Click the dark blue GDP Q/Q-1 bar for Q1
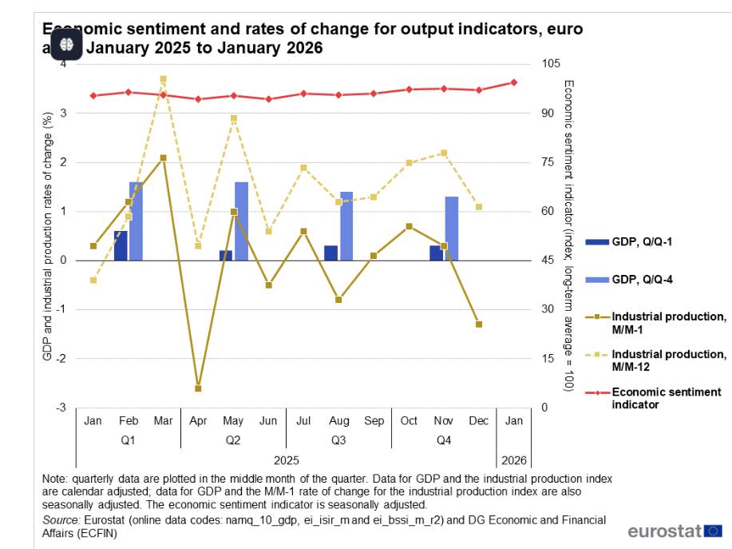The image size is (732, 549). (x=121, y=245)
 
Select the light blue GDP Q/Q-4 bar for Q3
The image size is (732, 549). (x=346, y=226)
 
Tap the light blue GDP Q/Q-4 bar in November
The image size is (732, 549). (x=452, y=229)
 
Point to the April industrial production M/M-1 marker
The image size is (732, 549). (x=198, y=388)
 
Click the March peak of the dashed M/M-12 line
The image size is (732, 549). (x=163, y=79)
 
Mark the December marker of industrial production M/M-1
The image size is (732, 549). (x=479, y=324)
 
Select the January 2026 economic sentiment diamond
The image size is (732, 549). (x=514, y=82)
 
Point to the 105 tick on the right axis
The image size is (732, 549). (x=549, y=64)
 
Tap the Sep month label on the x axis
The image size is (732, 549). (x=374, y=420)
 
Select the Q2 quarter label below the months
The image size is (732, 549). (x=233, y=440)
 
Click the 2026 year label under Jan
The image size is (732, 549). (x=513, y=460)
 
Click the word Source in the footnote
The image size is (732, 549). (x=61, y=519)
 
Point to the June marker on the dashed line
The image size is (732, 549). (x=268, y=231)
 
